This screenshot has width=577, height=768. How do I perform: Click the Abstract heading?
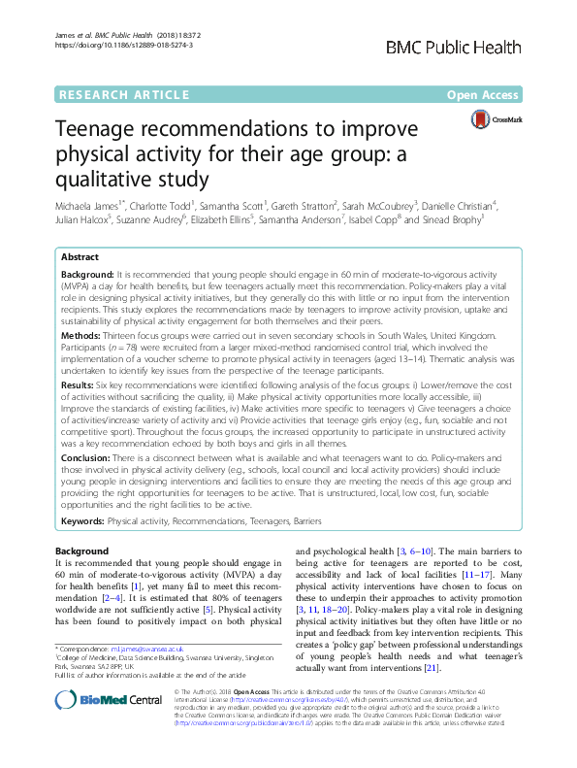(80, 258)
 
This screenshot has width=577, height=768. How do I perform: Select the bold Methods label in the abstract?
(82, 332)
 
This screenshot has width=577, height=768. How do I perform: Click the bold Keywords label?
(82, 521)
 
